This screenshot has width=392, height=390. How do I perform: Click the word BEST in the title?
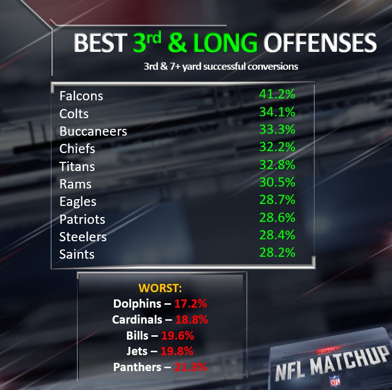[x=100, y=43]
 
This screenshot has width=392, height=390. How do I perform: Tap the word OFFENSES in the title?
[x=320, y=43]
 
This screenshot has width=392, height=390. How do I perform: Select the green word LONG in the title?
[x=225, y=43]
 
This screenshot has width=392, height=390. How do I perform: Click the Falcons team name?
[x=81, y=96]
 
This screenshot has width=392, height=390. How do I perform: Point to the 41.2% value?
[x=277, y=94]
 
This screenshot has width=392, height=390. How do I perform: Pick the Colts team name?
[x=74, y=114]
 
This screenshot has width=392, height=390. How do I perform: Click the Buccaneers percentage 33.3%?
[x=277, y=129]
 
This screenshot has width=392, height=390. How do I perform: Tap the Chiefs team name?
[x=77, y=149]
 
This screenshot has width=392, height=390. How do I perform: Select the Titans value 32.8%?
[x=277, y=165]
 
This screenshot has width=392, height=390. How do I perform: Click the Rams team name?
[x=75, y=184]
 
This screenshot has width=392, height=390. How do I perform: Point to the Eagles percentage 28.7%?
[x=277, y=200]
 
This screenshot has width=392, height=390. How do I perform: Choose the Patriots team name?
[x=82, y=219]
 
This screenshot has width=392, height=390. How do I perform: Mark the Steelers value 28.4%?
[x=277, y=235]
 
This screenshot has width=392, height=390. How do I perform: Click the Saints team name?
[x=77, y=254]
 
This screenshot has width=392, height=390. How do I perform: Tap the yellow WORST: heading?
[x=160, y=288]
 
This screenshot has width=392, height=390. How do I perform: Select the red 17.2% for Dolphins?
[x=190, y=304]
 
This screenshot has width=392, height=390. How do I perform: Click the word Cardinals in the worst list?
[x=137, y=319]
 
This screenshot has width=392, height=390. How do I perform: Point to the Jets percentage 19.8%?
[x=177, y=351]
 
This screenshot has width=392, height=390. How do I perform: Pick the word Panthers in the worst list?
[x=137, y=367]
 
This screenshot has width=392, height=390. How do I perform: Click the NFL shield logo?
[x=335, y=380]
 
